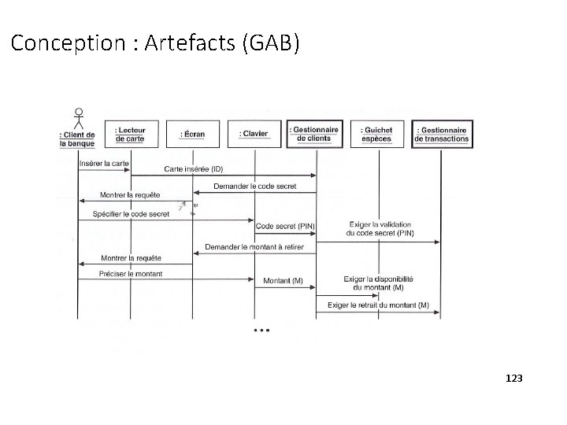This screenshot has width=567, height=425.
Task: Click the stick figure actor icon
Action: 78,119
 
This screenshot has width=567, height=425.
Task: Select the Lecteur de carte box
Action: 131,134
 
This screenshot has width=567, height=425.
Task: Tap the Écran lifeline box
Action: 193,134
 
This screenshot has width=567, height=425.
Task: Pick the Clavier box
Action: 254,134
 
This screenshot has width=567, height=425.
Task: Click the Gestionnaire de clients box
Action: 316,134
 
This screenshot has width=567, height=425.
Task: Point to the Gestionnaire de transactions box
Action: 442,134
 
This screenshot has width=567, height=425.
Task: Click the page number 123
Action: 513,379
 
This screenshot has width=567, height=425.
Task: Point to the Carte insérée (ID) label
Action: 193,169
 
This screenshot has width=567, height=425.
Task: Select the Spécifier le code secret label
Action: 131,213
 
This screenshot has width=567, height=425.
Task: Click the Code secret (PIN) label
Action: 285,226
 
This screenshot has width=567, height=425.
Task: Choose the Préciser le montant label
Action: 131,273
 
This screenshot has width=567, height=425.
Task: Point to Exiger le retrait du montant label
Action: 378,305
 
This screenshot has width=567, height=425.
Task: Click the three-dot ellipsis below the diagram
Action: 261,330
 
